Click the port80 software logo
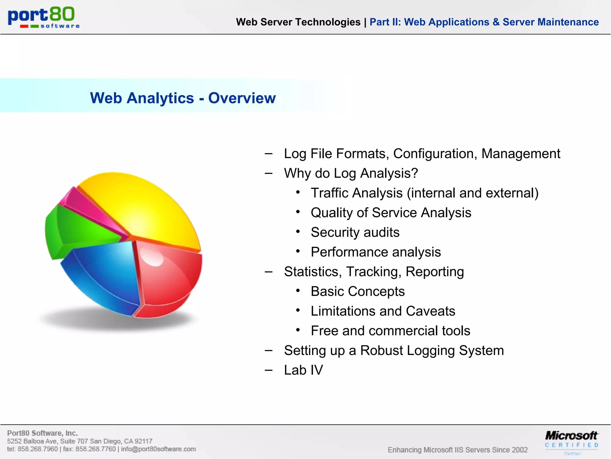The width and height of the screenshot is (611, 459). (x=43, y=17)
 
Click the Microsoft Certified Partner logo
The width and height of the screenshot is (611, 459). (x=571, y=442)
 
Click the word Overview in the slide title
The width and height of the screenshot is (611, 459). (x=242, y=98)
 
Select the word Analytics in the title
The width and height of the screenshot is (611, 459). (x=160, y=98)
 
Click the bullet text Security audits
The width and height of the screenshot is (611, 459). (x=355, y=232)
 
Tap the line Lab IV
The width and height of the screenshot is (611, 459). (x=303, y=370)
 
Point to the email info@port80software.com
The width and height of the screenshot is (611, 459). (x=158, y=449)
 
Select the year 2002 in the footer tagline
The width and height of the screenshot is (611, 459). (x=519, y=450)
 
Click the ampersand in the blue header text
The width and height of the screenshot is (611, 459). (x=496, y=22)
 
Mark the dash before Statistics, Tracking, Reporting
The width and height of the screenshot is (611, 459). (x=269, y=272)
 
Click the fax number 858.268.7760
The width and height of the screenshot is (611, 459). (x=95, y=449)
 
